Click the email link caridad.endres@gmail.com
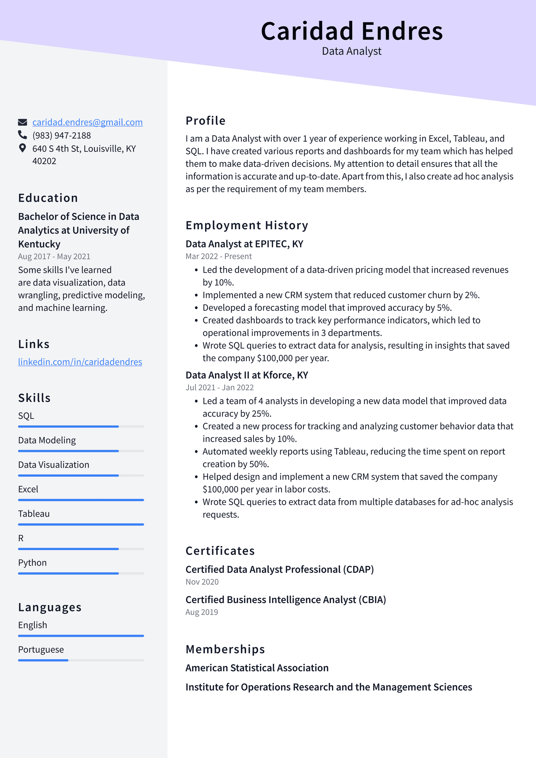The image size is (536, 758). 87,122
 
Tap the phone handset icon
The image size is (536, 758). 22,135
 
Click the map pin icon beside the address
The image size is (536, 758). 22,148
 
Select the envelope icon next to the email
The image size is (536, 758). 22,122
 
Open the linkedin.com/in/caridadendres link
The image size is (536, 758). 80,362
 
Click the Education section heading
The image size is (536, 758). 48,198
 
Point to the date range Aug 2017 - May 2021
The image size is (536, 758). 54,256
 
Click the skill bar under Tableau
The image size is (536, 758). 81,524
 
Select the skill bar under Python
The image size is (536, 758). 81,573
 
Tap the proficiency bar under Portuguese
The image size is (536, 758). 81,660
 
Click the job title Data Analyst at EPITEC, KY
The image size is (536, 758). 244,244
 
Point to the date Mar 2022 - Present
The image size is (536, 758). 218,256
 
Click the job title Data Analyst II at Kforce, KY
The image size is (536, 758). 247,375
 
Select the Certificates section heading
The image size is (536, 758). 220,551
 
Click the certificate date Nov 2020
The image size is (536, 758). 202,582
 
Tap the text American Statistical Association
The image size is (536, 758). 257,668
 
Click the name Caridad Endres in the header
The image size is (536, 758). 352,31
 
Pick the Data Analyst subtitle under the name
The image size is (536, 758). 351,51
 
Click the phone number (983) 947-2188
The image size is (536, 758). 62,135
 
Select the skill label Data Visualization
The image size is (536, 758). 54,465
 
